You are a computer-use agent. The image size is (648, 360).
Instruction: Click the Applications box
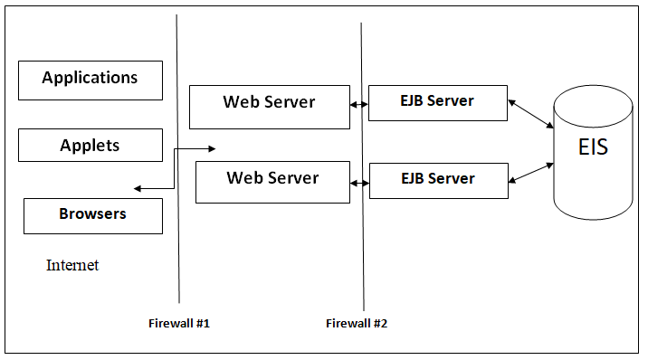91,80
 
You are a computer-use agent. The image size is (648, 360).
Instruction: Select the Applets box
91,145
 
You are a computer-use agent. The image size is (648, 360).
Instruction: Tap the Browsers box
92,215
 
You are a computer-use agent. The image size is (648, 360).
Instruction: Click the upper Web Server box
269,106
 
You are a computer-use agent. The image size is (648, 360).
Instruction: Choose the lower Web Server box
272,181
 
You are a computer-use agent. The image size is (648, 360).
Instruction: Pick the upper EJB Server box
438,102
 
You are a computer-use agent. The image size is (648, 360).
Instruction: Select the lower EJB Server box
438,178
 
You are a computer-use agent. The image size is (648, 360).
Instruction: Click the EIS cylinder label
593,147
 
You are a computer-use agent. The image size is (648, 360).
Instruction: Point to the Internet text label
72,265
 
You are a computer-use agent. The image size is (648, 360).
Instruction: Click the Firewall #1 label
179,323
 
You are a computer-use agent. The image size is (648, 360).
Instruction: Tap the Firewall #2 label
357,323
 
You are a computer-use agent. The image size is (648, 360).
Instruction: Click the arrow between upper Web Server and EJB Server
359,105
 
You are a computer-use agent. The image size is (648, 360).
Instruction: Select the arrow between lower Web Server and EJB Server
359,183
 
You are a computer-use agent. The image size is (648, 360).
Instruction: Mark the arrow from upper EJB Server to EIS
530,112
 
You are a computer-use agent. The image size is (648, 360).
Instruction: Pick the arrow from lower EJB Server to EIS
530,174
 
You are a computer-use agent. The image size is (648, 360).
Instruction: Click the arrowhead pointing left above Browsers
138,189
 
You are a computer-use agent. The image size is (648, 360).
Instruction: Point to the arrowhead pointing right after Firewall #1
211,148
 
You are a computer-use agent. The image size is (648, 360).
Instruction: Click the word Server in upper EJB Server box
451,101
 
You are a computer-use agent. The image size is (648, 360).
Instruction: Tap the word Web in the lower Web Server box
243,178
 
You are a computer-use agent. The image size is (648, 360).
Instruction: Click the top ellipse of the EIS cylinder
593,96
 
